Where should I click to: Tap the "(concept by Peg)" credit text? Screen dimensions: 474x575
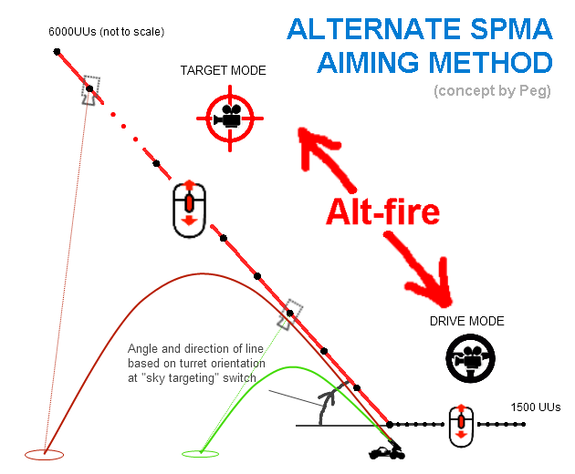point(493,90)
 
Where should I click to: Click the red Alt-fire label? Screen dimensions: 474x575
point(384,211)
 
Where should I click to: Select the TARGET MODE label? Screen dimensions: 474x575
point(224,70)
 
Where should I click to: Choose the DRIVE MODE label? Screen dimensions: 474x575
point(467,321)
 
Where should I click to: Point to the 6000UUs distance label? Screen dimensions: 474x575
point(107,33)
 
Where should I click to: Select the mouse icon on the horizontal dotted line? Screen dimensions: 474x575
point(462,425)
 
